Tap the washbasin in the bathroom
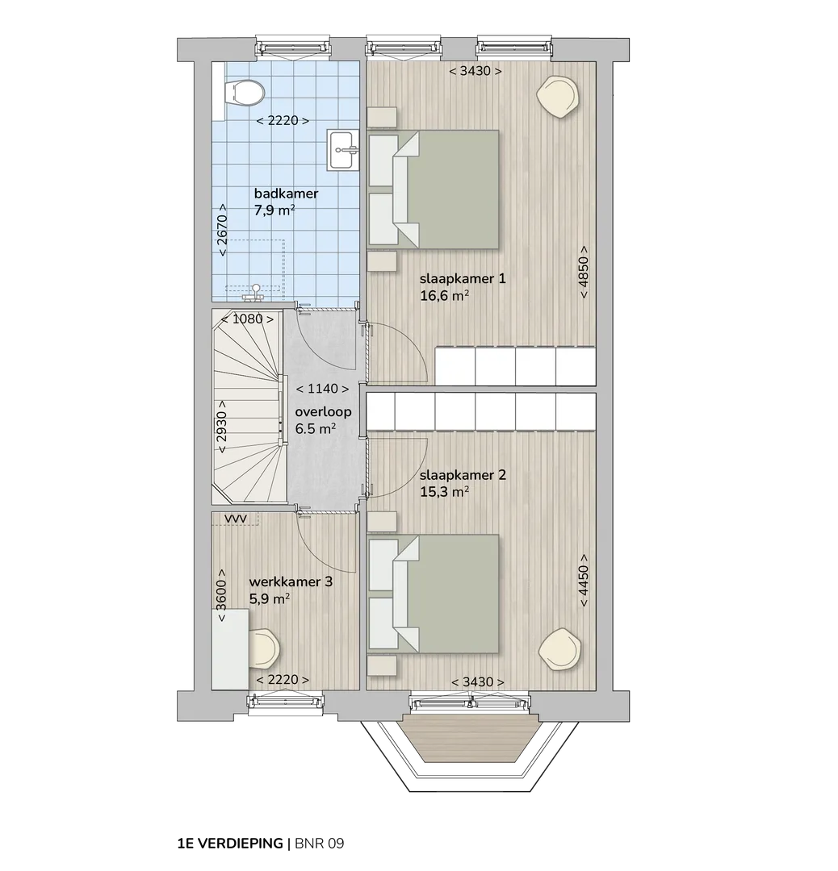click(x=342, y=149)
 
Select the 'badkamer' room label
click(x=286, y=194)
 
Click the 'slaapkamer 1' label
click(x=463, y=278)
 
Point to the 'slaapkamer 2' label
click(x=463, y=475)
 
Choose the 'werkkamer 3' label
click(x=291, y=581)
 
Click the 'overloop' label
click(x=323, y=411)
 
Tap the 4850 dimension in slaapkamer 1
click(x=584, y=272)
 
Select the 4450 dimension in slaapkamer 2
click(x=584, y=581)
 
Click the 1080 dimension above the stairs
click(x=248, y=319)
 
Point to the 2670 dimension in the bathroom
click(x=222, y=229)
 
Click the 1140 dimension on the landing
click(x=322, y=389)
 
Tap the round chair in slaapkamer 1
click(x=559, y=95)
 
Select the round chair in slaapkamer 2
click(x=560, y=649)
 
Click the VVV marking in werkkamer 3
click(x=235, y=519)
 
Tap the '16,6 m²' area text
click(x=444, y=295)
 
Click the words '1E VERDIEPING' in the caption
click(x=229, y=844)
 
